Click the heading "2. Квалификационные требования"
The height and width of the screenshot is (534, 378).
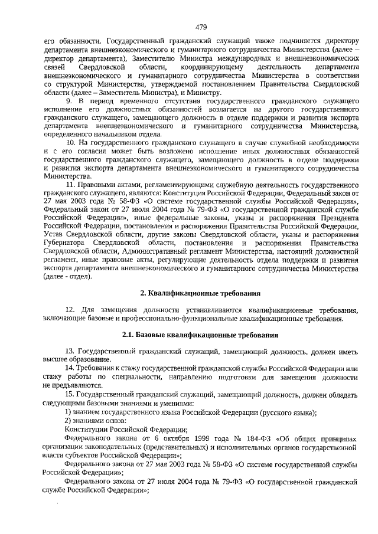coord(200,293)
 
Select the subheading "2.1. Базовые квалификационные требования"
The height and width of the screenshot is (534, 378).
coord(200,335)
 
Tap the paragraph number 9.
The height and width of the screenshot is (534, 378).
coord(67,101)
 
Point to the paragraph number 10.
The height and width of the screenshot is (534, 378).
coord(70,143)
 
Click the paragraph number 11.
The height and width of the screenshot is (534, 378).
coord(70,185)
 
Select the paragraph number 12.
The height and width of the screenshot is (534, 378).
coord(70,310)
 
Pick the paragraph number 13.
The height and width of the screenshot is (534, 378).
coord(70,351)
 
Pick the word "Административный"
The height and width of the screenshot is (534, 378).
coord(144,252)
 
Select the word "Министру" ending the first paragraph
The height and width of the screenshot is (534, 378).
coord(206,93)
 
